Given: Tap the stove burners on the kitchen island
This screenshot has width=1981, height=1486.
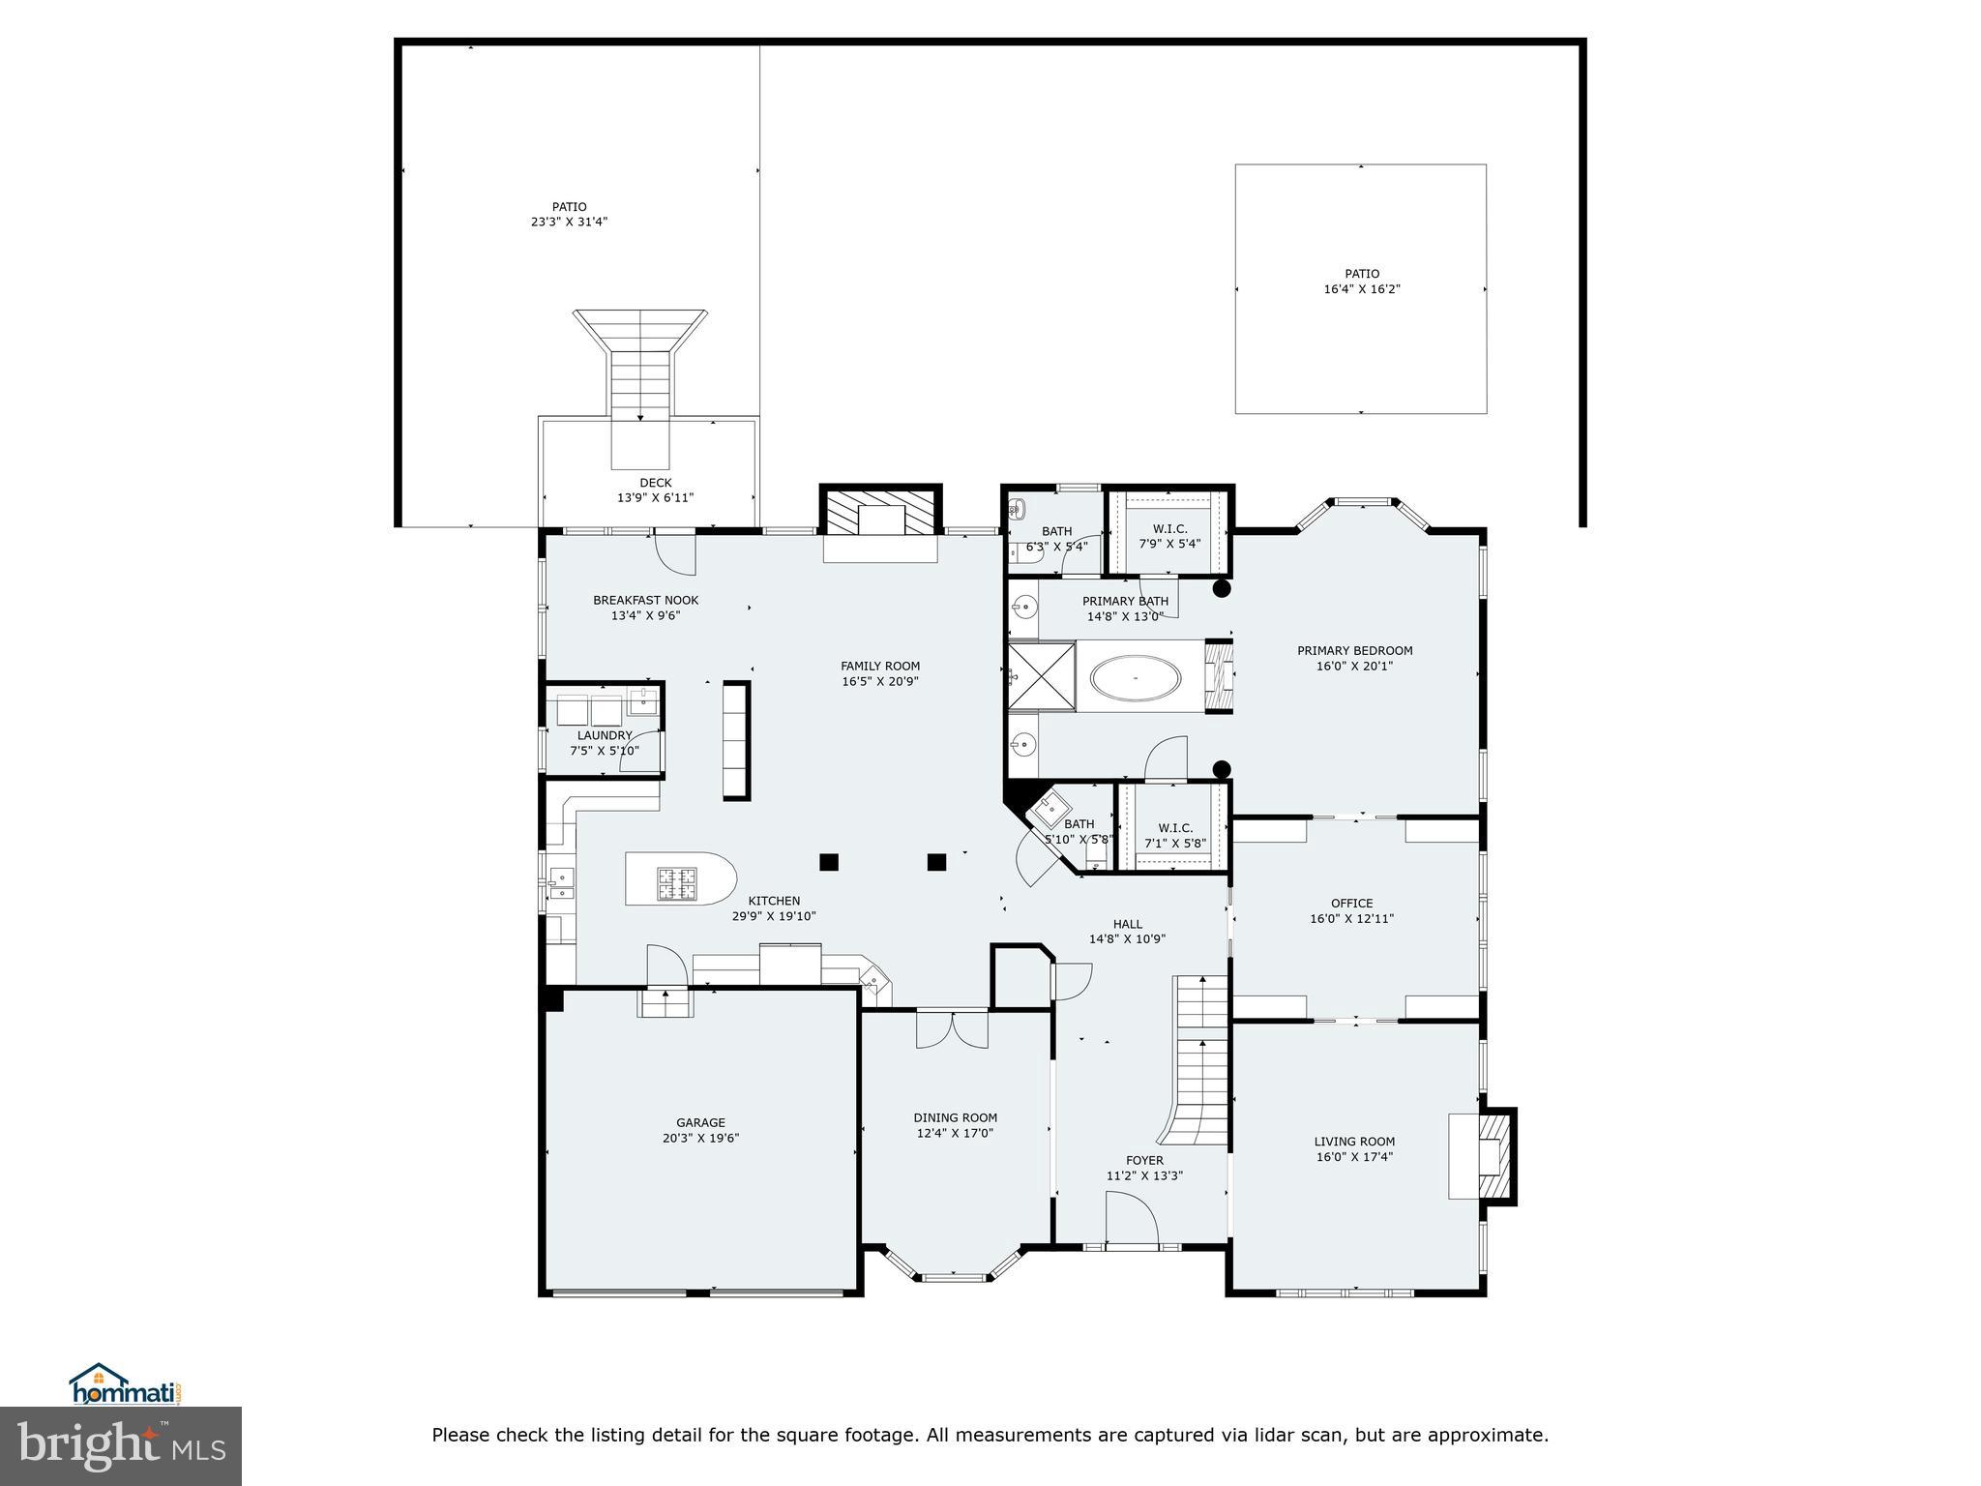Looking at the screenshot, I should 677,881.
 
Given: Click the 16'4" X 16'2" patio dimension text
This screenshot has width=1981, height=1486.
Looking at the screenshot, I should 1362,289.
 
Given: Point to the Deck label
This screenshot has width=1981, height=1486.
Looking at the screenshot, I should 655,483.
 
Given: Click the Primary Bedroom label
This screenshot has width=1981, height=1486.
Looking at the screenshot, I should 1354,651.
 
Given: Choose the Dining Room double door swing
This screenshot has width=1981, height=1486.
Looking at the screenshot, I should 953,1029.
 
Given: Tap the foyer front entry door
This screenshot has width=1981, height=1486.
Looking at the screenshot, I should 1132,1221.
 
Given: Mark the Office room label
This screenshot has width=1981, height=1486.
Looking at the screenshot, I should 1351,904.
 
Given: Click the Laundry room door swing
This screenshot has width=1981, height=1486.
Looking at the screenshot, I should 640,752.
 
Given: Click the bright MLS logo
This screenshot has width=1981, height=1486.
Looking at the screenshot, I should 121,1445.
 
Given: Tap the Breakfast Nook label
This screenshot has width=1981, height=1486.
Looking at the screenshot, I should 645,601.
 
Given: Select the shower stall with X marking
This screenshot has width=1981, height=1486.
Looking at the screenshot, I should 1042,676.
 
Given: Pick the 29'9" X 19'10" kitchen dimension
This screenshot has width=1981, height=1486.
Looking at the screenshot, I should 774,916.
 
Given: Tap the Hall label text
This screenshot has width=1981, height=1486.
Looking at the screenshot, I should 1127,924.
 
